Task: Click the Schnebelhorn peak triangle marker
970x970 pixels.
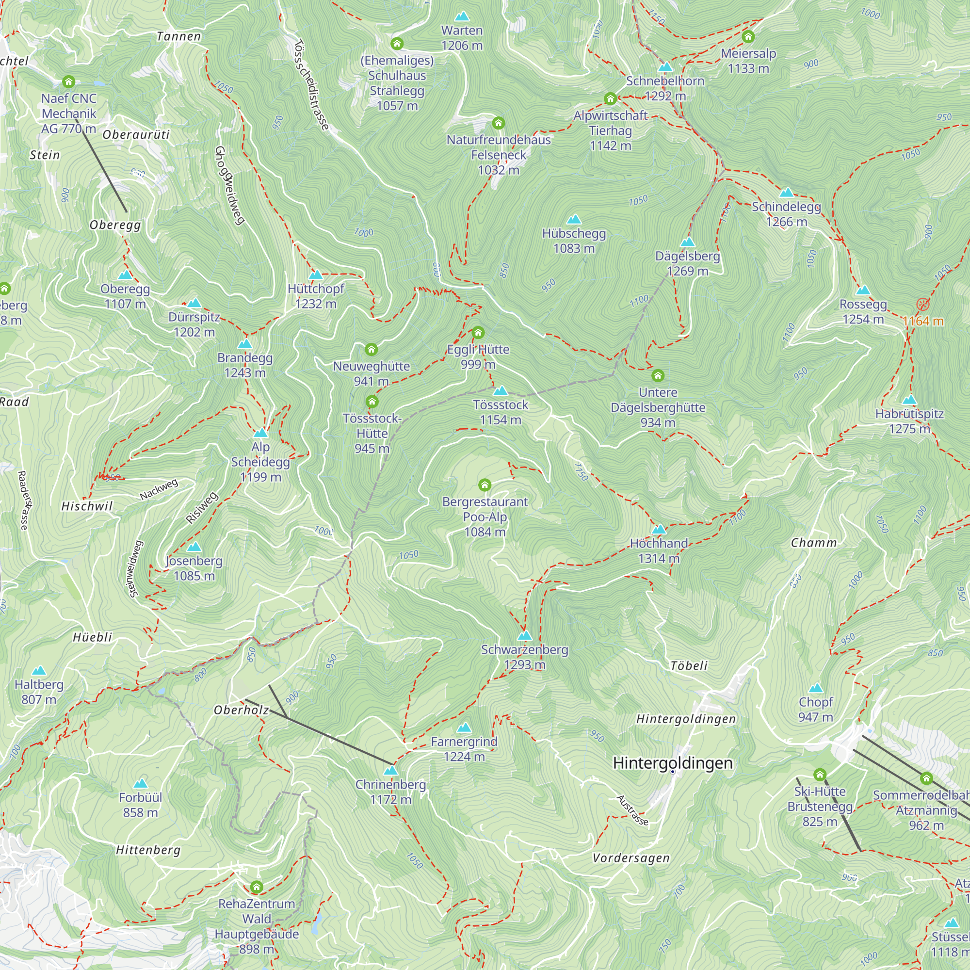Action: click(x=665, y=67)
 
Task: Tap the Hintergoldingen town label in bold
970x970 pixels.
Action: click(x=673, y=763)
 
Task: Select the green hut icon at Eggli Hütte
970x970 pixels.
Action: click(x=478, y=332)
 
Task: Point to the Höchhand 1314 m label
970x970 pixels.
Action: click(x=659, y=551)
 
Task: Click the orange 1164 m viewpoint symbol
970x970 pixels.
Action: click(x=923, y=304)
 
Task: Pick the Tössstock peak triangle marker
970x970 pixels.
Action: click(x=500, y=391)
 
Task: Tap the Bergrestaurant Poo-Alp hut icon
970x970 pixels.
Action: click(x=485, y=485)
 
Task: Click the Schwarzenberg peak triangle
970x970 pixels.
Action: click(x=525, y=636)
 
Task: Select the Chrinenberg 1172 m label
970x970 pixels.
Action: click(x=390, y=792)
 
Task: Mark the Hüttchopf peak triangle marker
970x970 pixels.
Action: click(x=315, y=275)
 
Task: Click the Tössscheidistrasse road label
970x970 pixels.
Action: click(x=311, y=85)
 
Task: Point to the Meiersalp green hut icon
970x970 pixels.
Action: click(x=748, y=37)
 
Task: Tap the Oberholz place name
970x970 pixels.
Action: click(x=242, y=710)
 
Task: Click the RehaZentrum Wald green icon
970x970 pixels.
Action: click(x=257, y=887)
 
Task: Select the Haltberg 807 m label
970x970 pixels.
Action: click(x=39, y=692)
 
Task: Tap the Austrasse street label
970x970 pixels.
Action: click(x=632, y=810)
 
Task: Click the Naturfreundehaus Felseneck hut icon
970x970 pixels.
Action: click(x=498, y=123)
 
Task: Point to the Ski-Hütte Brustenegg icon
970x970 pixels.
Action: click(x=820, y=775)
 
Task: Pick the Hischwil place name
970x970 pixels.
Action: click(x=87, y=506)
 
